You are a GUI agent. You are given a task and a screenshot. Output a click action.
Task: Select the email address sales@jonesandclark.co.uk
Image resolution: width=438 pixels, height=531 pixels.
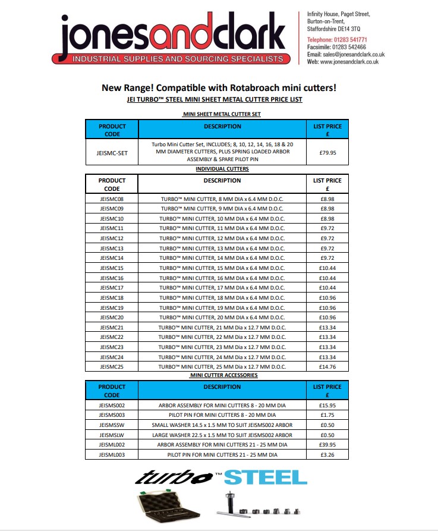pos(354,54)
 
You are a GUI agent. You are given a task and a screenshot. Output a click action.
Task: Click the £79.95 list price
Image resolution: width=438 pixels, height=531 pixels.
pos(327,152)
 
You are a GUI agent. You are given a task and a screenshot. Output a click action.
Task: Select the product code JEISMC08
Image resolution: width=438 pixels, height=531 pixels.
pos(112,199)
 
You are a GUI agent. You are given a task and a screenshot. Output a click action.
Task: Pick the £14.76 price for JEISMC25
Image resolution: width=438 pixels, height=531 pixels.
pos(327,366)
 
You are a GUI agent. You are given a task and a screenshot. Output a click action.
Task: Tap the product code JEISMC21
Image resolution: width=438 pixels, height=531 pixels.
pos(112,327)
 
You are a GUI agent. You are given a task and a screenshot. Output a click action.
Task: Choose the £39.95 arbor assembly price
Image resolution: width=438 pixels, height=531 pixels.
pos(327,444)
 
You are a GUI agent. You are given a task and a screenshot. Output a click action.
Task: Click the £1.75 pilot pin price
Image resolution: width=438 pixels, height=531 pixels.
pos(327,414)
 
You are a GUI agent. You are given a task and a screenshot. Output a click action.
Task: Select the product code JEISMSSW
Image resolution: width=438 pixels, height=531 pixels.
pos(112,425)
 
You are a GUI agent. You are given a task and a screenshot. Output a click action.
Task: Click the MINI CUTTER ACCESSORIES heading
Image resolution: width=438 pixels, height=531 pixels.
pos(223,375)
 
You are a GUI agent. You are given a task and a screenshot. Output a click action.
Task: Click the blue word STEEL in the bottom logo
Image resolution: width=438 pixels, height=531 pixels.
pos(266,477)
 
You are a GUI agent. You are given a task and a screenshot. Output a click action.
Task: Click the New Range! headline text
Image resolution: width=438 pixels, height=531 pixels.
pos(219,88)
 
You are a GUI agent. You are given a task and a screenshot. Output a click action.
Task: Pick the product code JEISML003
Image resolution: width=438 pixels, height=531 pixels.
pos(112,454)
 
